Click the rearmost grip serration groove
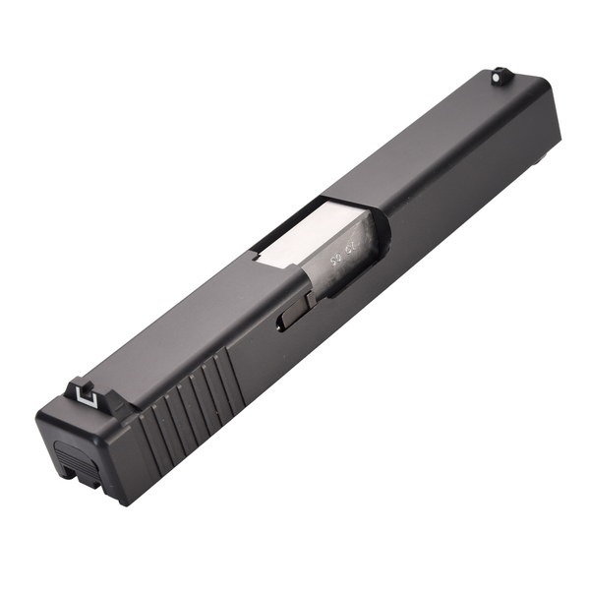click(148, 437)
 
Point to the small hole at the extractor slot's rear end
click(282, 324)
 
